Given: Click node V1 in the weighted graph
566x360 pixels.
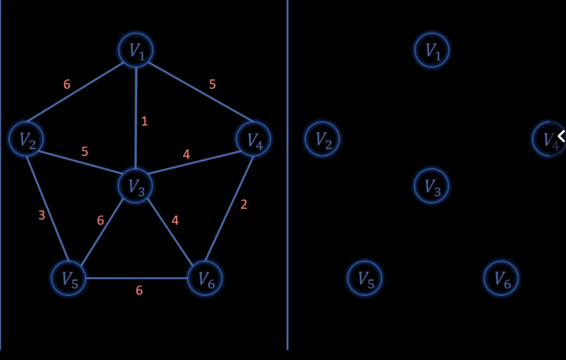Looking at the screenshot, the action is coord(136,50).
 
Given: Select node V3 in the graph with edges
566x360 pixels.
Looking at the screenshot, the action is coord(136,186).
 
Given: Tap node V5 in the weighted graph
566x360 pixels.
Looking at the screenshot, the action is coord(68,278).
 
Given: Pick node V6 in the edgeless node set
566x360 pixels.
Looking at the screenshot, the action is coord(501,278).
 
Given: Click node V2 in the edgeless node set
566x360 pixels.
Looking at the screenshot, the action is coord(322,139).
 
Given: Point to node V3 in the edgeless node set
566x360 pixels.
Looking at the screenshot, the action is coord(431,186).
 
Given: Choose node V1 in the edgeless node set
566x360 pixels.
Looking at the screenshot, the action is coord(432,50).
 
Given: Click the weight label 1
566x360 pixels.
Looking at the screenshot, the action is coord(144,121).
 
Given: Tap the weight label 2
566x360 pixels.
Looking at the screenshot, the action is coord(244,205).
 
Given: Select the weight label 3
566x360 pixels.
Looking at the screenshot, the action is coord(41,215).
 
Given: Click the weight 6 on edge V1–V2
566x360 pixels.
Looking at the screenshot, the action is coord(67,84).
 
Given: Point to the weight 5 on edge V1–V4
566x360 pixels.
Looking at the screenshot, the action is coord(212,84).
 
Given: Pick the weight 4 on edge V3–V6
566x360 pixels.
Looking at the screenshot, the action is coord(175,220).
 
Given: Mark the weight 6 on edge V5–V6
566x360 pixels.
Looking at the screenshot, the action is coord(139,290).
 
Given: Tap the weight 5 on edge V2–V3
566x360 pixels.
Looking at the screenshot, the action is coord(85,151).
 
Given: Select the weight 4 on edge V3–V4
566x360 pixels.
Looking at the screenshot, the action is coord(186,154).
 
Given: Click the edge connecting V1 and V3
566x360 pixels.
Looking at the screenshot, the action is coord(136,118).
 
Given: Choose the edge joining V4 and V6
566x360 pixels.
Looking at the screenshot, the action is coord(229,209).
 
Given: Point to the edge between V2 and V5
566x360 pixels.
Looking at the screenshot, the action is coord(47,209).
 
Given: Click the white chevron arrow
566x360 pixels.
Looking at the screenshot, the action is coord(561,136).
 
